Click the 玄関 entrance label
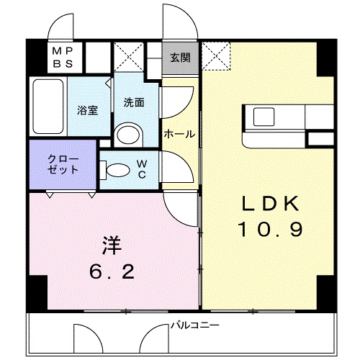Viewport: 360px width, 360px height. pyautogui.click(x=181, y=58)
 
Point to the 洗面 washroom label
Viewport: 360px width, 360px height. pyautogui.click(x=133, y=102)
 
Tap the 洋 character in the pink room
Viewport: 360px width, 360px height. pyautogui.click(x=112, y=246)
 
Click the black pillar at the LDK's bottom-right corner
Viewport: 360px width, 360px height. pyautogui.click(x=325, y=289)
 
